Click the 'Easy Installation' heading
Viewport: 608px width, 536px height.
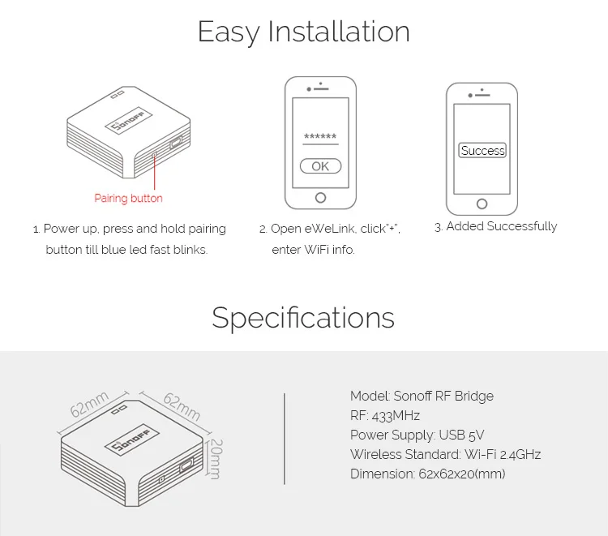pos(303,32)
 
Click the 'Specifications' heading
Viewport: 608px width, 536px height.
pos(303,317)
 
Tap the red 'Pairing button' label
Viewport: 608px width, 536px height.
pos(128,198)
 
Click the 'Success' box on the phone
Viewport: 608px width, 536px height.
pos(482,151)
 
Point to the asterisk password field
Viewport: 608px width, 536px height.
pos(320,137)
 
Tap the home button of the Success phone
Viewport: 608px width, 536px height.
pos(482,204)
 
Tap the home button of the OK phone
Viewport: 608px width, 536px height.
pos(320,198)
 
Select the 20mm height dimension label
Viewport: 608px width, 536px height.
pos(216,460)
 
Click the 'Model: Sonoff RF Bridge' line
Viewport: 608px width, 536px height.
pos(422,396)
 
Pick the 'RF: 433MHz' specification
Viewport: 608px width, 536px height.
pos(385,415)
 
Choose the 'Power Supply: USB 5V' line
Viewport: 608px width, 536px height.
pos(417,435)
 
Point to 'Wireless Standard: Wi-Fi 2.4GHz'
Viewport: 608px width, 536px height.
pos(445,454)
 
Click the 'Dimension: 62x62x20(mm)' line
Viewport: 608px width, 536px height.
pos(427,474)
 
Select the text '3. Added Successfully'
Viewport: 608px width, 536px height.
pos(495,227)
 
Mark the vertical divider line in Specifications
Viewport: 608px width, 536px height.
pos(285,438)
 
